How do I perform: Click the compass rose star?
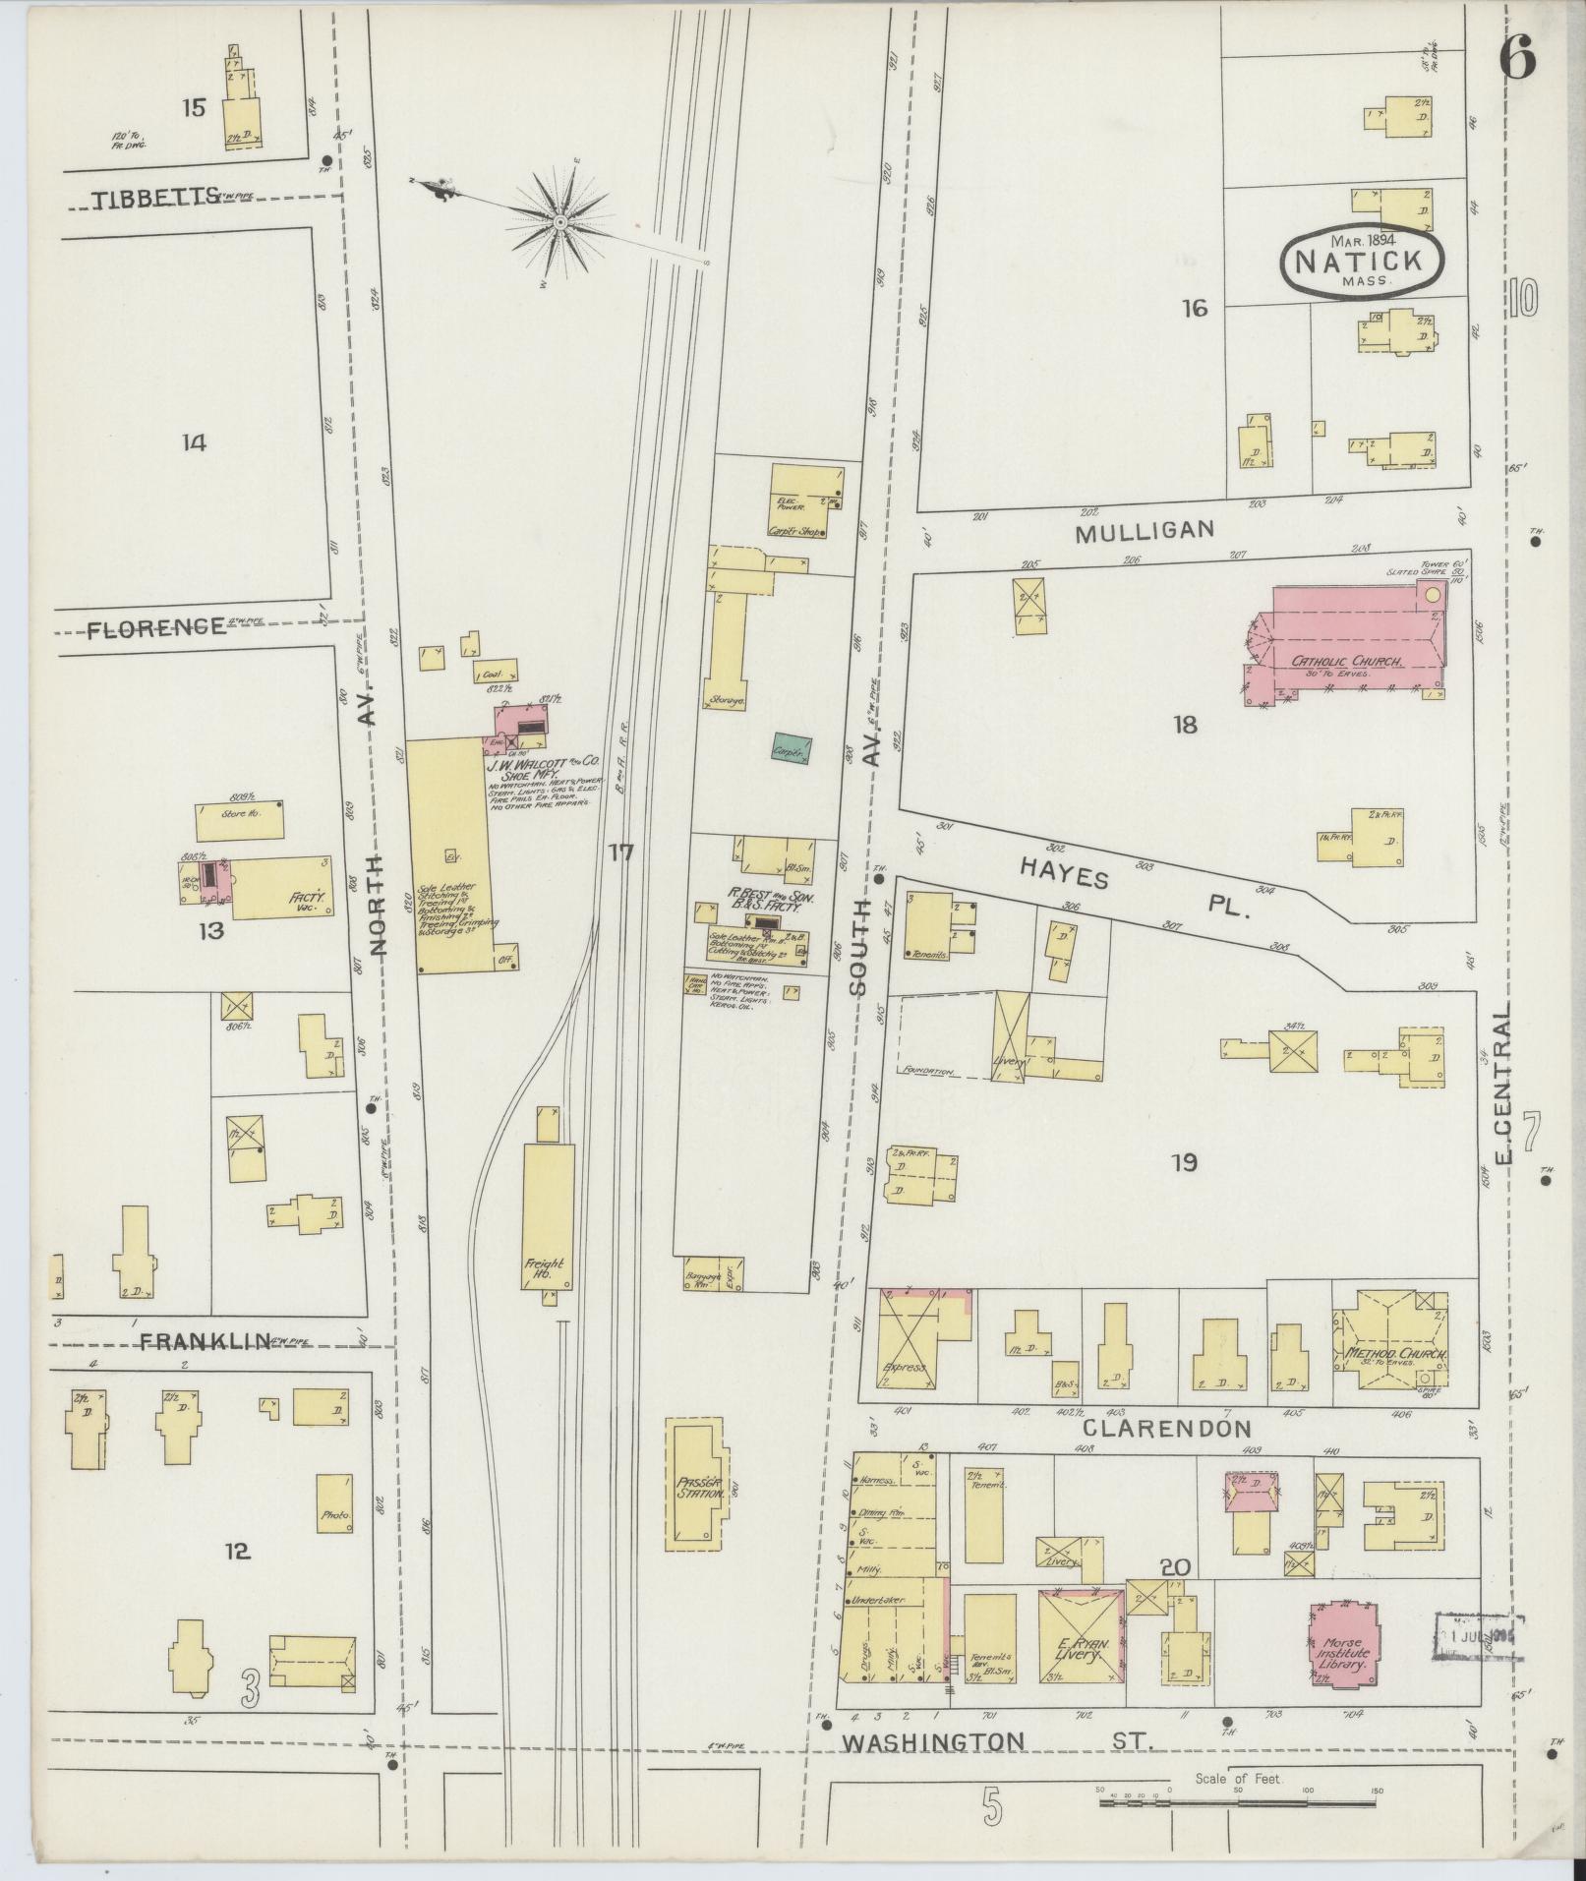(x=559, y=222)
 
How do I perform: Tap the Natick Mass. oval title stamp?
(x=1362, y=261)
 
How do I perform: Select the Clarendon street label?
(x=1169, y=1429)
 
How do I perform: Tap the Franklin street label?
(x=203, y=1340)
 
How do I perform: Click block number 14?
(x=194, y=443)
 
